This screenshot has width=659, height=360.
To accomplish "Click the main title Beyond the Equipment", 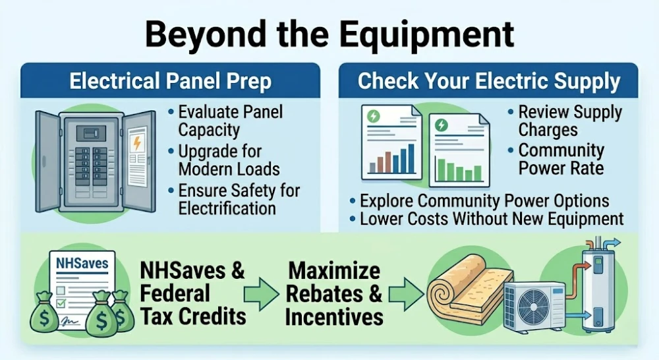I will (x=329, y=33).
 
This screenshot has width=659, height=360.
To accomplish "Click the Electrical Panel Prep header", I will (x=170, y=82).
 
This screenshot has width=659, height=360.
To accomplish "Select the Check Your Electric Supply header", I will (x=488, y=82).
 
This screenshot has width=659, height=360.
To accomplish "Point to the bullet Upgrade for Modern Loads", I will (x=228, y=160).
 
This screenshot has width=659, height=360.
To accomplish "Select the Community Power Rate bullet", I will (x=560, y=159).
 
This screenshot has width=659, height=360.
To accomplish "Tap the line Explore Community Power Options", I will (x=484, y=200).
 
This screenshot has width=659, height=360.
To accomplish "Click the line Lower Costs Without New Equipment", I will (x=492, y=219).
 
